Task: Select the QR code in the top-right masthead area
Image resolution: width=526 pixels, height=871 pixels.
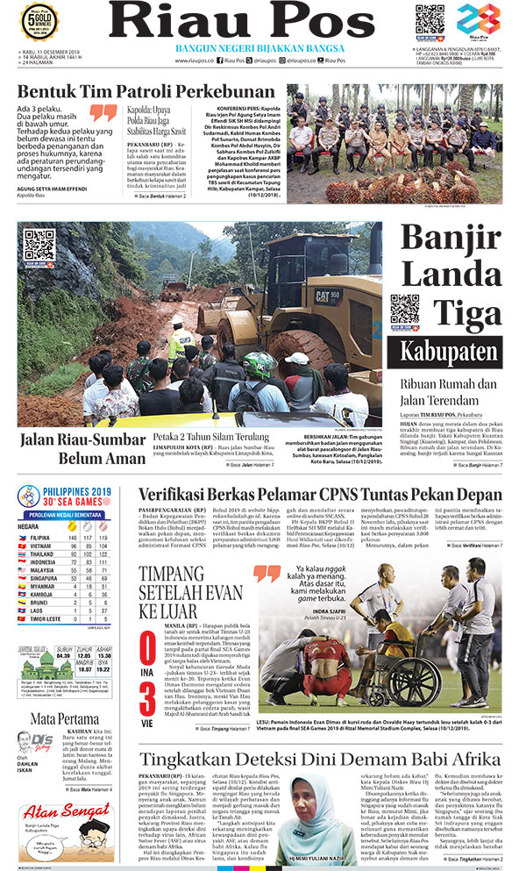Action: point(430,19)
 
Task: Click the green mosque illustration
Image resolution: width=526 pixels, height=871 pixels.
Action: point(32,657)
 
